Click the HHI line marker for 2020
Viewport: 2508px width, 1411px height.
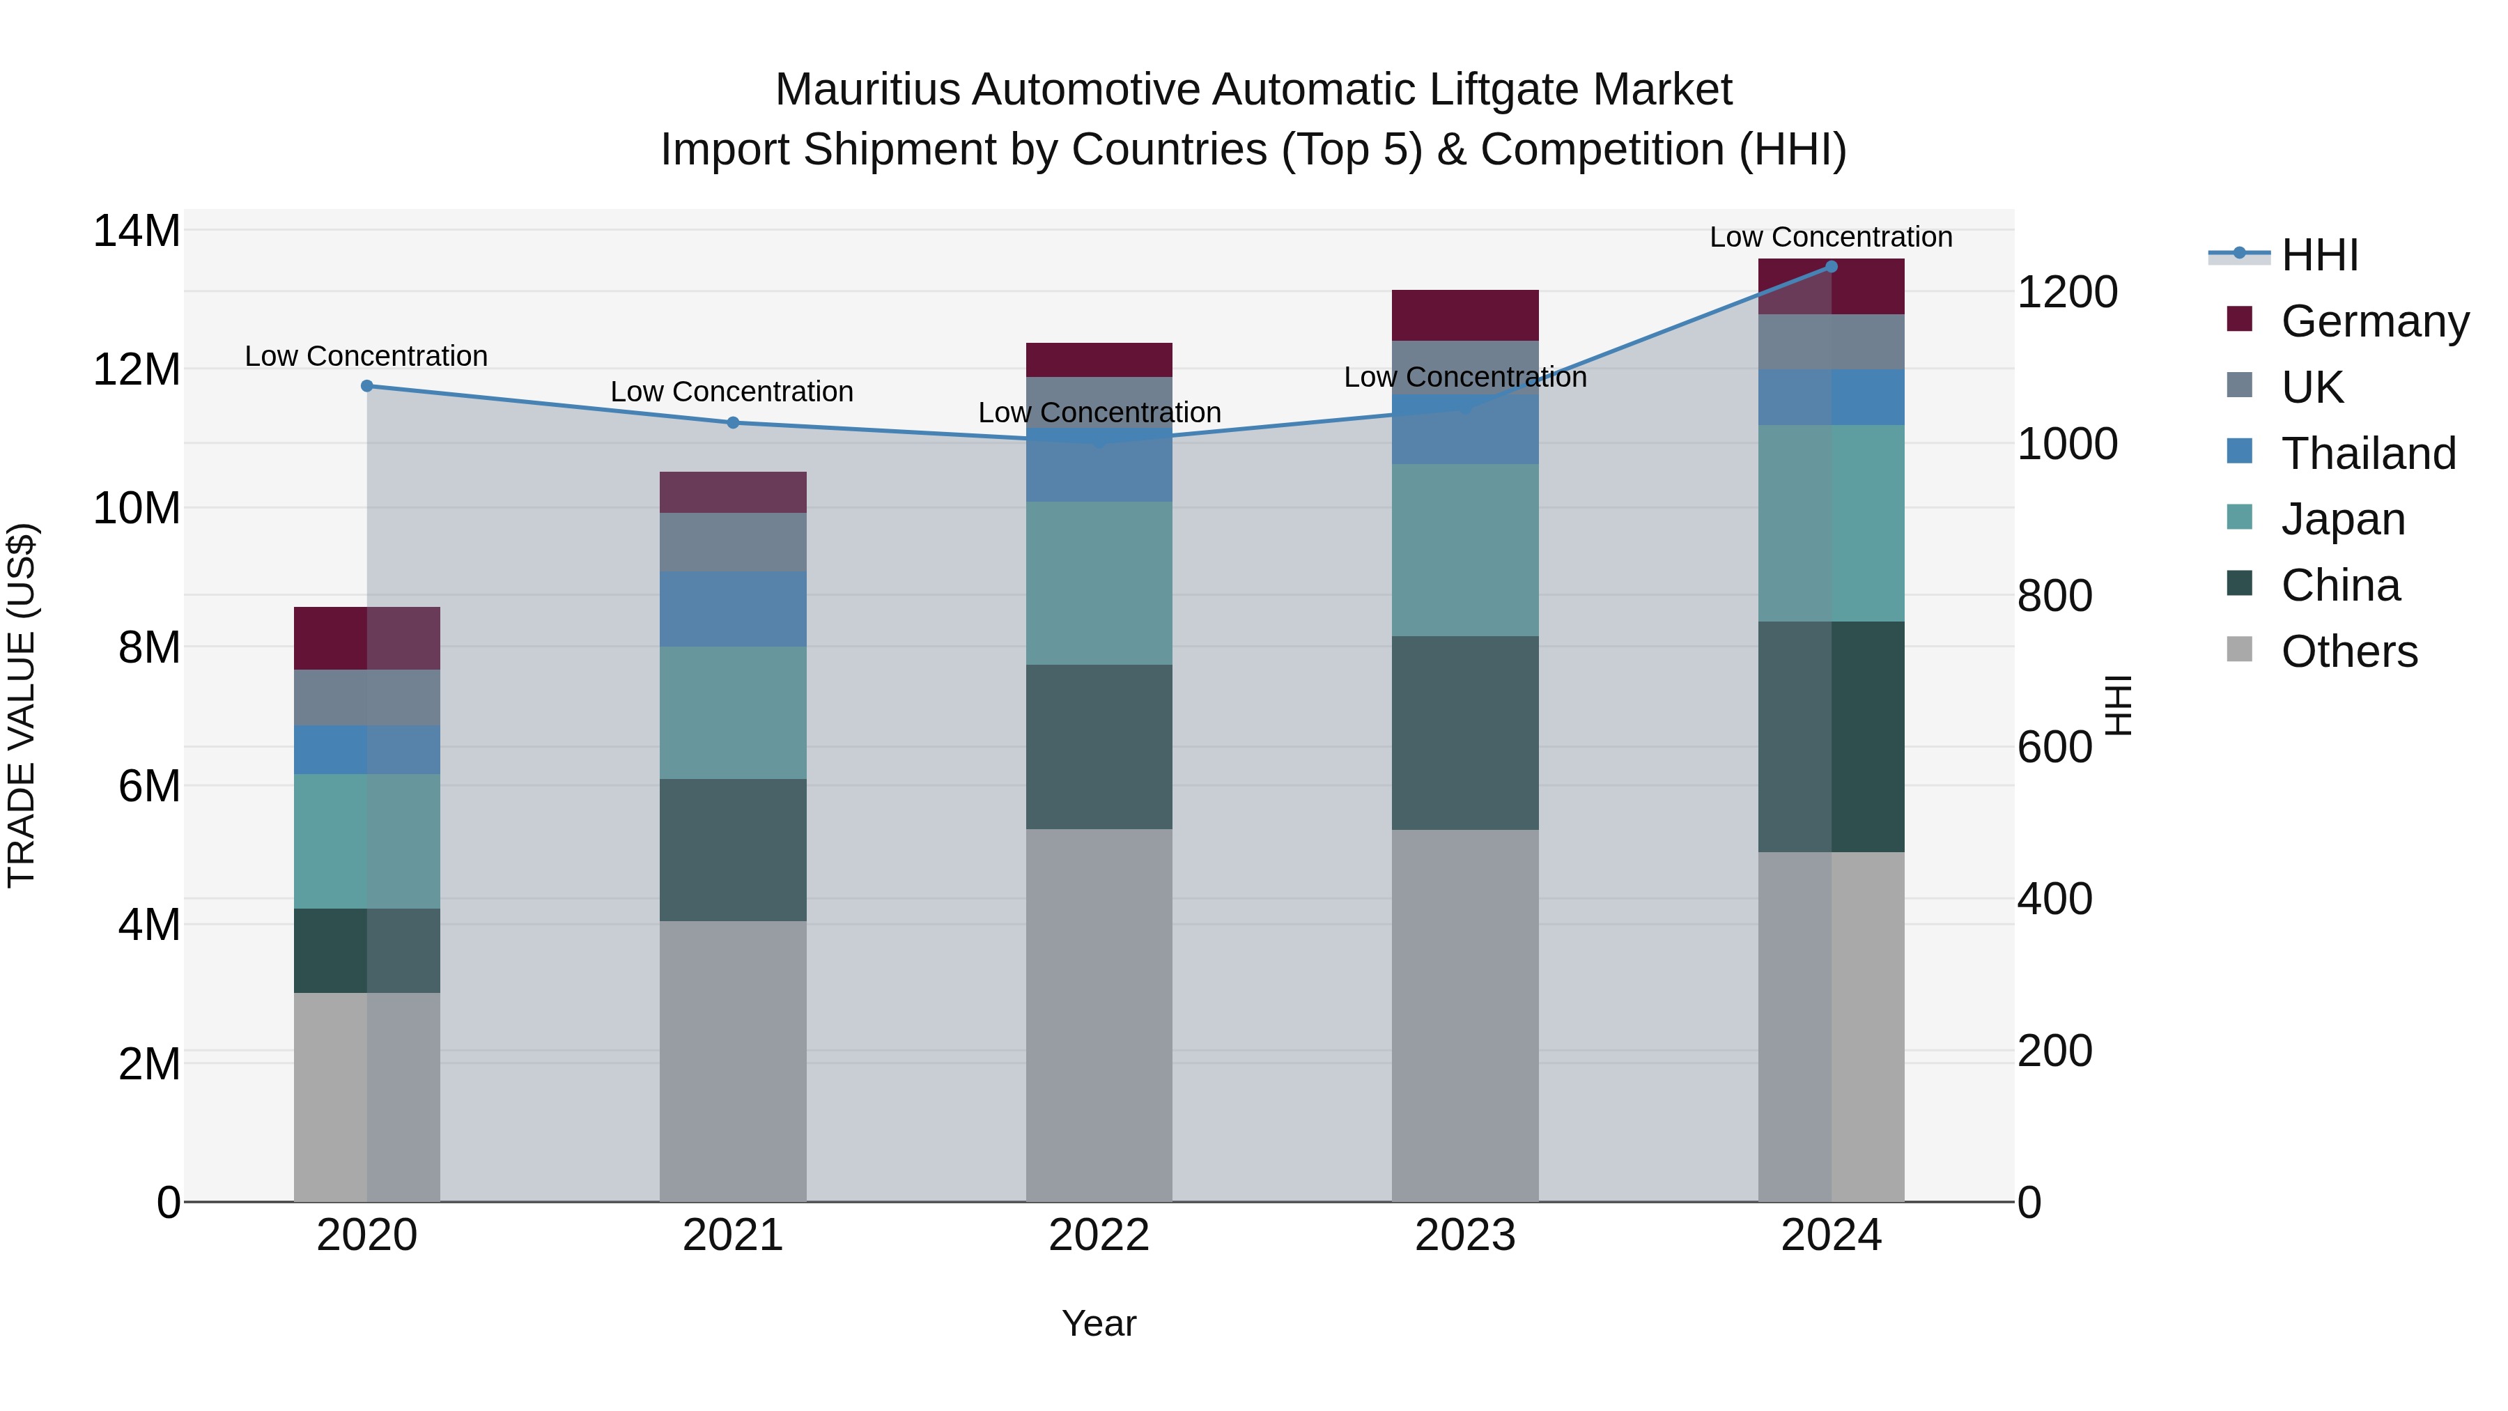[367, 385]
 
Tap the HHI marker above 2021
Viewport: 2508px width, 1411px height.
[733, 423]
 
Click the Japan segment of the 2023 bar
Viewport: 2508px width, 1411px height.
[1464, 550]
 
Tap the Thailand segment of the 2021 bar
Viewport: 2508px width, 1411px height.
[733, 608]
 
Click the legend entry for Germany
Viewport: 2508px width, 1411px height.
[2374, 321]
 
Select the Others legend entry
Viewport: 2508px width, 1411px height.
[2348, 651]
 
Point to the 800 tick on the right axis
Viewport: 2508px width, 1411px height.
[2054, 595]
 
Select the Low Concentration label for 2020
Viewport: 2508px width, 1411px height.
[366, 355]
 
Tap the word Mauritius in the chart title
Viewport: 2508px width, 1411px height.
[867, 90]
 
